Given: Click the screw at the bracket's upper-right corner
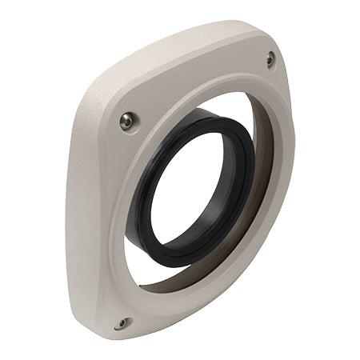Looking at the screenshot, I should coord(270,58).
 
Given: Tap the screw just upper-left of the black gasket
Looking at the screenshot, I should coord(126,122).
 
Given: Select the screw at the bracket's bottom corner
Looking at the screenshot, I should coord(121,323).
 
